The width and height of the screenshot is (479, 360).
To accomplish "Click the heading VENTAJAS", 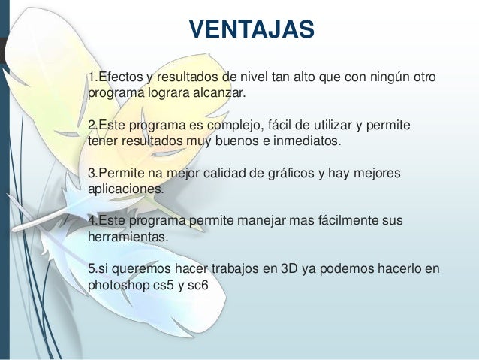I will click(252, 30).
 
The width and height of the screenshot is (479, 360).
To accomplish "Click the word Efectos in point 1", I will click(120, 78).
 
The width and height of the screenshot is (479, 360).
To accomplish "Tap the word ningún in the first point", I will click(372, 78).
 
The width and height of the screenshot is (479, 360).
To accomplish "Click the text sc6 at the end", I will click(199, 286).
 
